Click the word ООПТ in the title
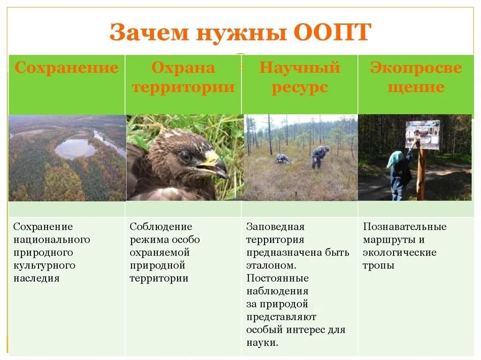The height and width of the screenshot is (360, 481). tap(333, 33)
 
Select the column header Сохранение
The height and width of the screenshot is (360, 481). tap(66, 68)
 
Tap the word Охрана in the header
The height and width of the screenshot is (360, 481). tap(183, 68)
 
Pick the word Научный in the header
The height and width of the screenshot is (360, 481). tap(300, 68)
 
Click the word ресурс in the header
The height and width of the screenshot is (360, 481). tap(300, 87)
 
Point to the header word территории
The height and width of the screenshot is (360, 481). tap(183, 87)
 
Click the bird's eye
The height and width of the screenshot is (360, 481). tap(185, 156)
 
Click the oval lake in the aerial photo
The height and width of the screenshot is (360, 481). tap(75, 148)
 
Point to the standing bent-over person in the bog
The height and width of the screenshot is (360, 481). tap(320, 156)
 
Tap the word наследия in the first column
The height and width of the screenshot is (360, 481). tap(36, 278)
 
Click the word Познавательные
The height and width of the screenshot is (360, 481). tap(404, 227)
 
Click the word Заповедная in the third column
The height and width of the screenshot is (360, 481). tap(275, 227)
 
